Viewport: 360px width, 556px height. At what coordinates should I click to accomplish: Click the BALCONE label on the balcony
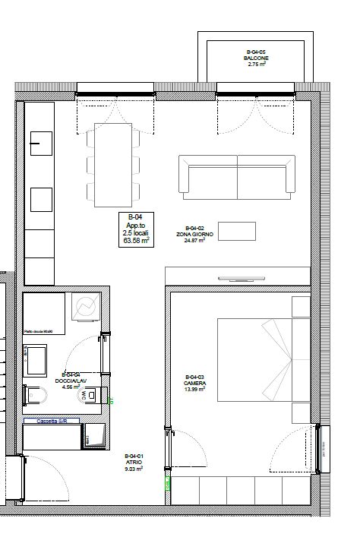(x=255, y=58)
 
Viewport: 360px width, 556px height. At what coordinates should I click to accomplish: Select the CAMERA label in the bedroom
(x=195, y=384)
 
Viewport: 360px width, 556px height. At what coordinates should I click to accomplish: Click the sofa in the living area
(x=237, y=174)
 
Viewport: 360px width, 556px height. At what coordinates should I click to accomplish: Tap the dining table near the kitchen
(x=111, y=165)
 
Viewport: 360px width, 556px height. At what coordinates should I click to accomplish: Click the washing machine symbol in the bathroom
(x=85, y=307)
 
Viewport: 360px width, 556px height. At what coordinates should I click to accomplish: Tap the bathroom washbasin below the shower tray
(x=36, y=359)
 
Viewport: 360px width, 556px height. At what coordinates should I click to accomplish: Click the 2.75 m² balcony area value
(x=256, y=65)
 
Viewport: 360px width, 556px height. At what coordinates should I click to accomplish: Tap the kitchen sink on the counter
(x=39, y=141)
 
